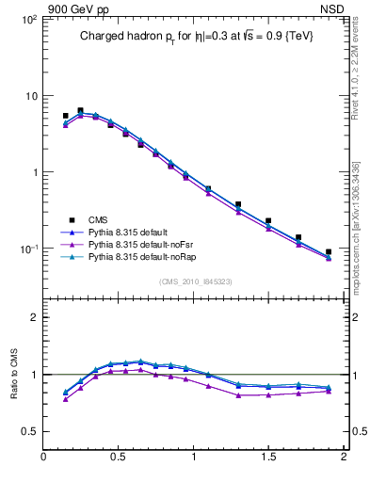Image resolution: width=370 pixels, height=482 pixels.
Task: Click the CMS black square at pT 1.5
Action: pos(268,221)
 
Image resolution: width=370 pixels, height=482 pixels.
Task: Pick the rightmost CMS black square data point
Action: pos(329,252)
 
